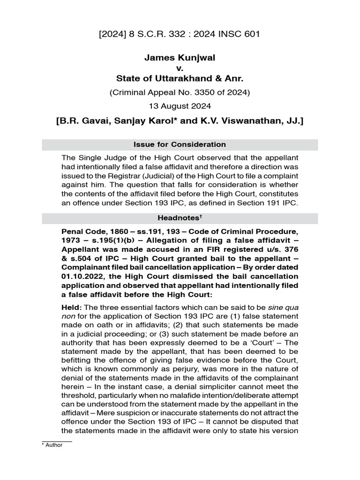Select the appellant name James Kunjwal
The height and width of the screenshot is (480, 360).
(x=180, y=57)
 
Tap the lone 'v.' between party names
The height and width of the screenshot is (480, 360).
(x=180, y=68)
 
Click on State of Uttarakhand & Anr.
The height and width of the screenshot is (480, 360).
(x=180, y=78)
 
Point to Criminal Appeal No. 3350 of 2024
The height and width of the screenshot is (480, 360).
(x=180, y=92)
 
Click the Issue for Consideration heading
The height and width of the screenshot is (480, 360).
(x=180, y=144)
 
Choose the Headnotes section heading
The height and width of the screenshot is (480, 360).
(x=178, y=218)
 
